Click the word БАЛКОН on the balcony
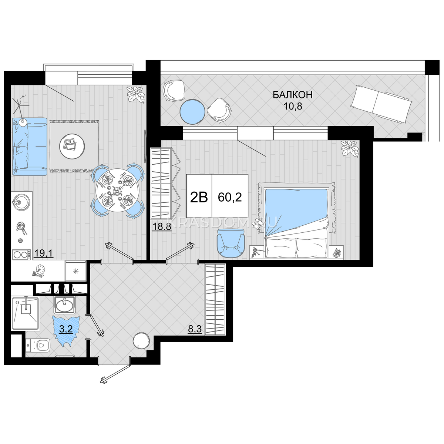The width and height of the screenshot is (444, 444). coord(293,95)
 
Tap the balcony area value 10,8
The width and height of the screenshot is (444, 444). coord(293,107)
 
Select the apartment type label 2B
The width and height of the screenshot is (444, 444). coord(199,198)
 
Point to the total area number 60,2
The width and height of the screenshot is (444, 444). coord(230,198)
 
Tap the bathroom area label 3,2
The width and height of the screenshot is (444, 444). coord(66,329)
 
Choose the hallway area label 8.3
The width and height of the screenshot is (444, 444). coord(195,329)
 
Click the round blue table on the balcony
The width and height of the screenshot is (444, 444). coord(192,112)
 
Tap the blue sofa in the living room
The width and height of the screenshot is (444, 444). coord(30,147)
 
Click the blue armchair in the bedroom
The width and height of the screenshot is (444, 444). coord(231,243)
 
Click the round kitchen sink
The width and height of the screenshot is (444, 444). coord(21,201)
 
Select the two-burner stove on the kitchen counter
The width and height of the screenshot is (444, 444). coord(21,255)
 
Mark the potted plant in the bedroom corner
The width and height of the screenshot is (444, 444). coord(350,149)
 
